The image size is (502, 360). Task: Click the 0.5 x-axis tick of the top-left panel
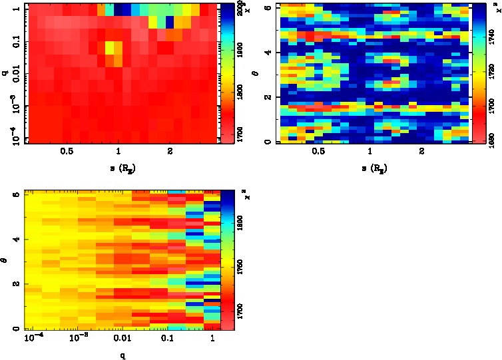click(x=67, y=152)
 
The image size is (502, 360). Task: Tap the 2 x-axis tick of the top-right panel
click(x=422, y=152)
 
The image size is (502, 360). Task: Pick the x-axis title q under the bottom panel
click(x=122, y=355)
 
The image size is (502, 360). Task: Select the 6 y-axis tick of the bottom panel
click(x=15, y=194)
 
